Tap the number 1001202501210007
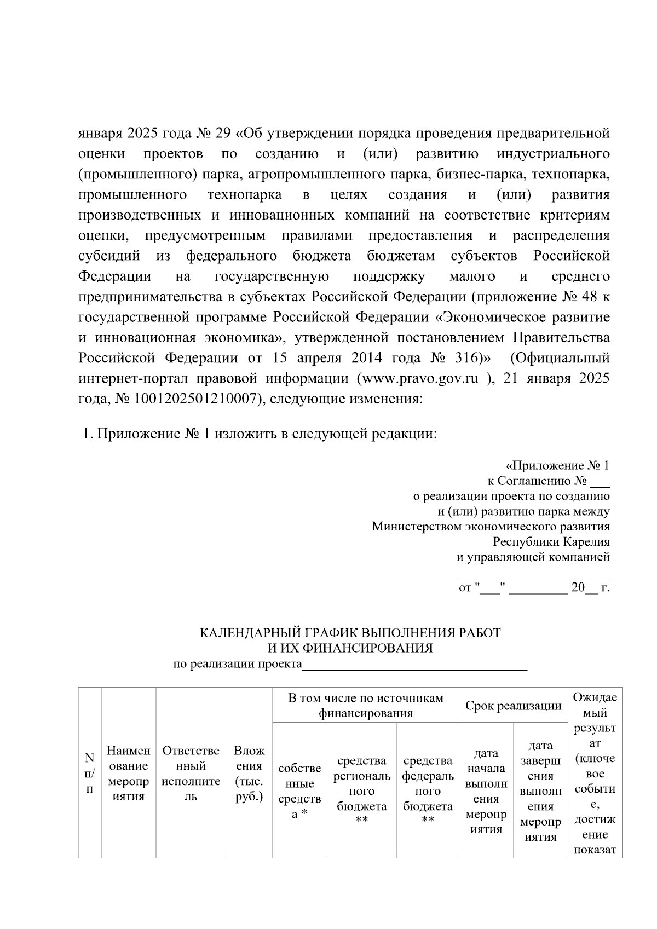(193, 399)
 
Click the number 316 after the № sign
(465, 359)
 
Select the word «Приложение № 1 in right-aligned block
(557, 466)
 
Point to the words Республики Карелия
(551, 542)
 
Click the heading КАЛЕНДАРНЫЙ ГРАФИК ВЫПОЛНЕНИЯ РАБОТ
(350, 633)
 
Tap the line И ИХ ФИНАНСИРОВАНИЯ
(350, 648)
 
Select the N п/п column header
(90, 774)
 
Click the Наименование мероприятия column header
(129, 774)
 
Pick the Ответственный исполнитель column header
(191, 774)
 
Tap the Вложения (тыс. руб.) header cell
(249, 774)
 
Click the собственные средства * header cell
(299, 791)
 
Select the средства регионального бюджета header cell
(362, 791)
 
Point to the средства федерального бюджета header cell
(428, 791)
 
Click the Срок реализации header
(513, 706)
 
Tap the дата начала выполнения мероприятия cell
(486, 791)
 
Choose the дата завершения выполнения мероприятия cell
(540, 791)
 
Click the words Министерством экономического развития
(491, 527)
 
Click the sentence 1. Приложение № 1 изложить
(260, 434)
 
